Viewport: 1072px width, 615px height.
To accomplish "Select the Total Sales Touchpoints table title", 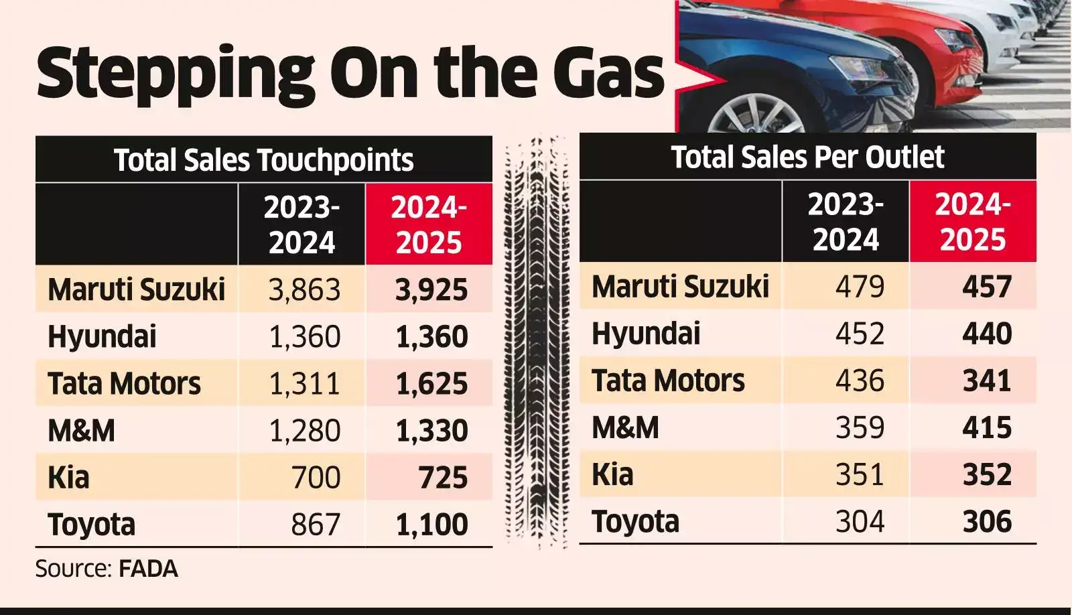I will point(263,160).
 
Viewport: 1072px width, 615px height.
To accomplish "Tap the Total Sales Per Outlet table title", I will point(807,157).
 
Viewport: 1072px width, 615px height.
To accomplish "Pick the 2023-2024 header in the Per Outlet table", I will point(846,222).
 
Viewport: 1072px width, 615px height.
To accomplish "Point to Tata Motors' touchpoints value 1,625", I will point(431,384).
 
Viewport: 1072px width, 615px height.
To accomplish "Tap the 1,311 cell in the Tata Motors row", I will point(305,384).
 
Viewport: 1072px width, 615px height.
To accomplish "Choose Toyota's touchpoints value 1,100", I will point(431,525).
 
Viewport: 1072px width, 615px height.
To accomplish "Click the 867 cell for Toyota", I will point(316,525).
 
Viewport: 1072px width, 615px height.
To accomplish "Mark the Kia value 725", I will point(443,478).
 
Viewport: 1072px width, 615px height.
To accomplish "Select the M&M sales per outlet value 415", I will point(987,428).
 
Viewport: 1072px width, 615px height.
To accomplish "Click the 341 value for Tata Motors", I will point(987,381).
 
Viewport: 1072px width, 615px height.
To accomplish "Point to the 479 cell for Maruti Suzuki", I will point(860,287).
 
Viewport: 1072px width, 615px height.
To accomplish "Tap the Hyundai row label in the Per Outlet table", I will point(646,334).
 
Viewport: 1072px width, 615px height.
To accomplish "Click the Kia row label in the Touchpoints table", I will point(68,478).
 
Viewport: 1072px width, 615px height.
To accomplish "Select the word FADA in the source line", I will point(148,569).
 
